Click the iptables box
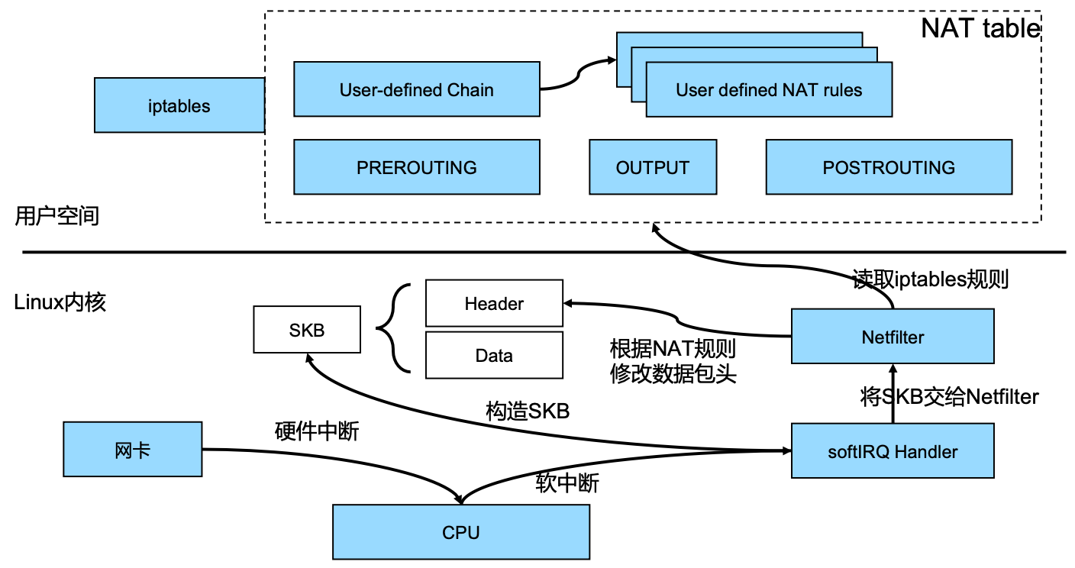pos(179,105)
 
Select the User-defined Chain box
pos(417,89)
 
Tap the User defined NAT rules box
pos(769,90)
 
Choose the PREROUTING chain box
pos(417,167)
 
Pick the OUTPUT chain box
pos(653,167)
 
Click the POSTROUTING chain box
pos(889,167)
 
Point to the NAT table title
pos(980,28)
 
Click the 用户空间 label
pos(57,216)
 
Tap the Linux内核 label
pos(60,302)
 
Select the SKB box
pos(307,330)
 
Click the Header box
pos(494,303)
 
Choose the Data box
pos(494,356)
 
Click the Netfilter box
pos(893,336)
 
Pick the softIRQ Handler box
pos(893,450)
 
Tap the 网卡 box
pos(132,449)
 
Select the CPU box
pos(461,531)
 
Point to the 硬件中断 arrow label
pos(317,431)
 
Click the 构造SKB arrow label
pos(528,411)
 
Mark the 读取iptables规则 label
pos(930,279)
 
